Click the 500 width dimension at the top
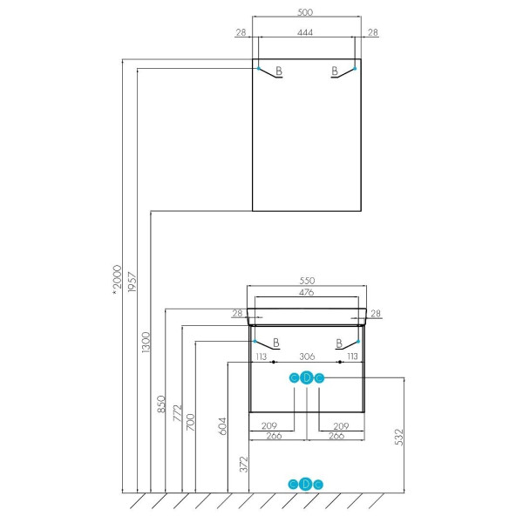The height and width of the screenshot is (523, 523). click(305, 12)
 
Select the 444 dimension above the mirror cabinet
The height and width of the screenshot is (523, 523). click(305, 32)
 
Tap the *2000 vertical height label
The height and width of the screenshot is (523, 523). click(117, 280)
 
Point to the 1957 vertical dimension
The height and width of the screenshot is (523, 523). click(132, 282)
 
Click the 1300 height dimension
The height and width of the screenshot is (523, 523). click(146, 343)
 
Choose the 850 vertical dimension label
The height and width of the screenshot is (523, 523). click(161, 404)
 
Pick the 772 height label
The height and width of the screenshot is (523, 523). click(177, 413)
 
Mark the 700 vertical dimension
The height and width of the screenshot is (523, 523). click(190, 422)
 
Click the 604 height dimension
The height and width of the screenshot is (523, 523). click(222, 426)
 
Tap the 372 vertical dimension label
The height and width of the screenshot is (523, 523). click(244, 465)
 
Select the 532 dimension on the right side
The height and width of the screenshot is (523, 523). click(399, 437)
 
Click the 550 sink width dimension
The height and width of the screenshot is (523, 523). click(307, 281)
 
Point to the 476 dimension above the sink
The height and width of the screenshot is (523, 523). click(306, 292)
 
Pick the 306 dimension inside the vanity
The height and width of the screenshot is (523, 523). click(307, 357)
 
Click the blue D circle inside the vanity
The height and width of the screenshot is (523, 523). click(307, 378)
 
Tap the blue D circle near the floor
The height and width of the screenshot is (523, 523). click(306, 484)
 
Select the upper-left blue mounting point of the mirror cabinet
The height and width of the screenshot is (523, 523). click(259, 68)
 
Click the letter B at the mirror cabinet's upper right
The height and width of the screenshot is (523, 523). click(335, 71)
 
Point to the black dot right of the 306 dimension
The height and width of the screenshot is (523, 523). click(340, 362)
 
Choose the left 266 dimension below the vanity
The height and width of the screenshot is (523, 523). click(274, 436)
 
